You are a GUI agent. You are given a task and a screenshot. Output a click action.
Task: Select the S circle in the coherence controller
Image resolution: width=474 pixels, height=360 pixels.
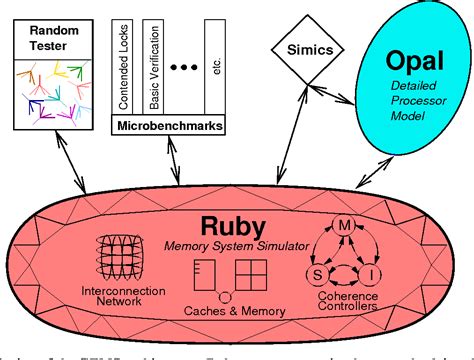(320, 271)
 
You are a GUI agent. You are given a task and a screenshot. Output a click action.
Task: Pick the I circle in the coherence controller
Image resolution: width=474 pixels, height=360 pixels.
(370, 271)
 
